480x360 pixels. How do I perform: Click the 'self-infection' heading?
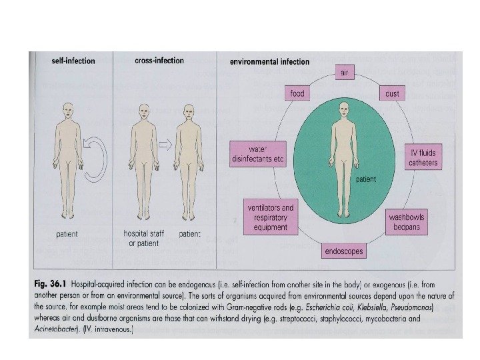tap(73, 61)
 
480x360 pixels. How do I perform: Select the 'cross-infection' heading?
tap(159, 61)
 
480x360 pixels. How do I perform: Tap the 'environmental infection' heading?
tap(269, 62)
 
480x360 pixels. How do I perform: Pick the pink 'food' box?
tap(297, 93)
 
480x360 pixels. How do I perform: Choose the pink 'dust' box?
tap(392, 93)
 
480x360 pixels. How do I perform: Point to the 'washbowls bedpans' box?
tap(407, 222)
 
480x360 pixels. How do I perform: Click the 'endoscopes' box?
tap(343, 252)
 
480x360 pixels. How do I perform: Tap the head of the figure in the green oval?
tap(344, 107)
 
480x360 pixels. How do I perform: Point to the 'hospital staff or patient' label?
tap(142, 239)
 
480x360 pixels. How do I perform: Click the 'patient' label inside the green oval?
tap(367, 179)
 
